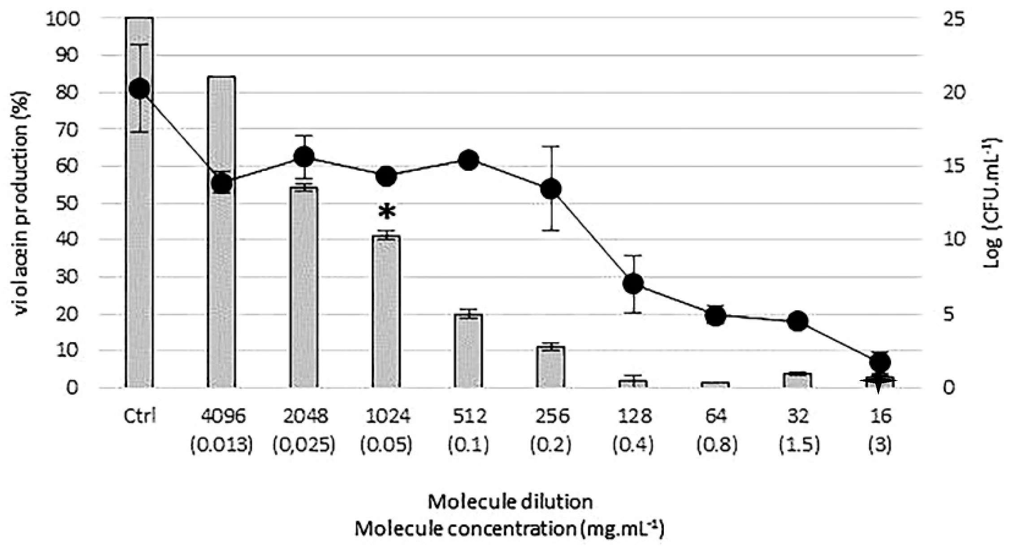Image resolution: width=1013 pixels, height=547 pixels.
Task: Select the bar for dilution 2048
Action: (303, 287)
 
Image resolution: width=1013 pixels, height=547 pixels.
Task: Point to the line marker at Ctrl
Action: (139, 88)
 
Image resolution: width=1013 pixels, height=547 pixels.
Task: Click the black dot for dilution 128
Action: (633, 283)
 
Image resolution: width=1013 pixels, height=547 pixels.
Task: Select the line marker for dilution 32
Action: (798, 321)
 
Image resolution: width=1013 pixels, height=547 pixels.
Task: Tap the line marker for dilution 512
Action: (469, 160)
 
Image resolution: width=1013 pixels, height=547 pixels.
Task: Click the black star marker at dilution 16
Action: (879, 382)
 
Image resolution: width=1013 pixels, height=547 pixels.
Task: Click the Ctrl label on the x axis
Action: (139, 417)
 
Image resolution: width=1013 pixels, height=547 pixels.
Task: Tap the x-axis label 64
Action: (715, 417)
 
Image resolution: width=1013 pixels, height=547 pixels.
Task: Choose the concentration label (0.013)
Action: (221, 445)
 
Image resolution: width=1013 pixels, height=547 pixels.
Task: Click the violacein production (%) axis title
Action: (21, 203)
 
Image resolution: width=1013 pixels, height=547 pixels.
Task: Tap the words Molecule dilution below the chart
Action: (510, 502)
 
